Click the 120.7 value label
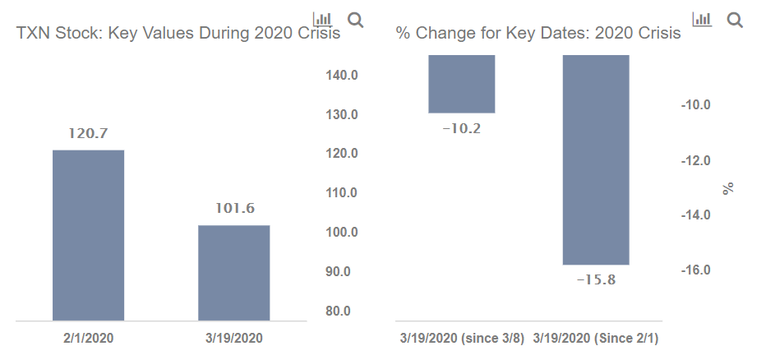click(x=88, y=134)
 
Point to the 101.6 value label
click(x=234, y=209)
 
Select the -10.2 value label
click(x=461, y=128)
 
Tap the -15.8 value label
click(x=596, y=280)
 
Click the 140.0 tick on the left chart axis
click(x=342, y=76)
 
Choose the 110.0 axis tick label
click(x=342, y=193)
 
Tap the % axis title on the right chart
click(x=727, y=188)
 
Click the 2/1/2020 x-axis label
click(x=88, y=338)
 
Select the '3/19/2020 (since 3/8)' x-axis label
click(x=461, y=338)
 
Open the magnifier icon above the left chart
click(x=356, y=19)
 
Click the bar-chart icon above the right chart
click(x=702, y=19)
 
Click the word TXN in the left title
click(x=34, y=34)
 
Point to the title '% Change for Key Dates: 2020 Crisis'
click(x=538, y=34)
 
